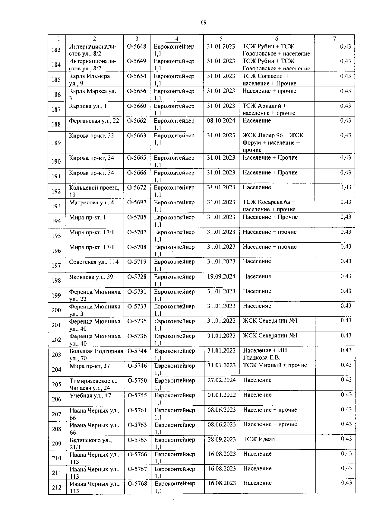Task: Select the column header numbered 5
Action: pos(221,39)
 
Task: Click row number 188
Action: pos(56,124)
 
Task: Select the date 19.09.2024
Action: pos(222,276)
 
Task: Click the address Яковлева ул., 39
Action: pos(91,277)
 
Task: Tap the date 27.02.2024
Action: pos(222,380)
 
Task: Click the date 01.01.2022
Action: pos(222,395)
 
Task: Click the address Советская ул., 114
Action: pos(94,262)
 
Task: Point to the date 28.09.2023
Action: pos(222,439)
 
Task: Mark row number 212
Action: pos(56,487)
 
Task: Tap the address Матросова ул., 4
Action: pos(91,203)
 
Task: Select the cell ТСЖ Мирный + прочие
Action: pos(275,365)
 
